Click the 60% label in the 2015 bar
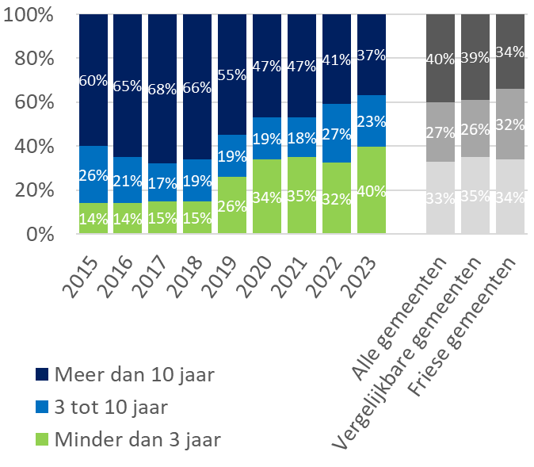point(93,80)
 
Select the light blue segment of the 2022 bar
point(336,133)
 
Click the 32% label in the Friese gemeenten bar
point(510,124)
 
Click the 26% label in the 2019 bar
point(232,205)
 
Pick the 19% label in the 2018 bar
point(197,180)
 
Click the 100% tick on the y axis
point(28,15)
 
